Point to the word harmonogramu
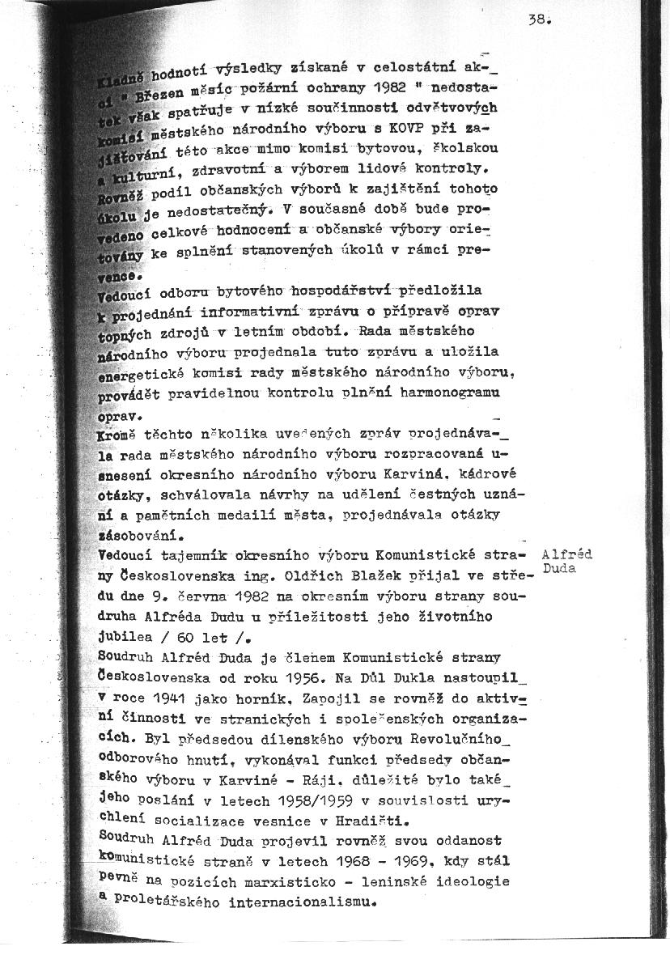458,393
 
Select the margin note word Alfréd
566,555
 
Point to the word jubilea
123,636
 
